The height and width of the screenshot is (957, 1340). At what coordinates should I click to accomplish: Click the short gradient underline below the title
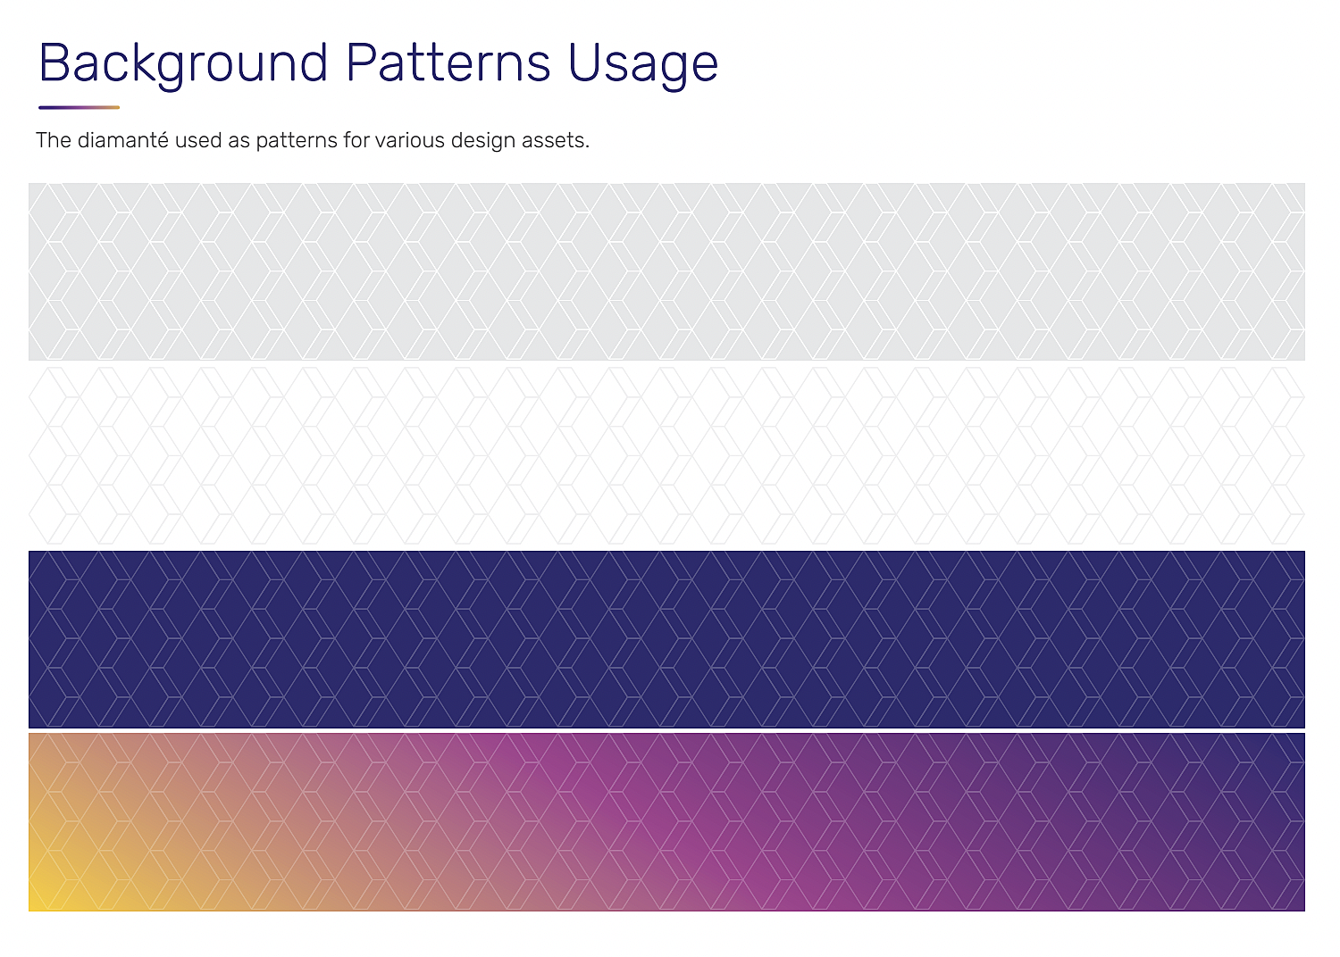[x=79, y=108]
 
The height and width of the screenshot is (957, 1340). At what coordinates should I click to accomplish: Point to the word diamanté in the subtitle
[x=122, y=140]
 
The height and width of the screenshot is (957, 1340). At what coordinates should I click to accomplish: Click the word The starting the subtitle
[x=54, y=140]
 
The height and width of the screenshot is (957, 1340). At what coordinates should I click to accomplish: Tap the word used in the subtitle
[x=198, y=140]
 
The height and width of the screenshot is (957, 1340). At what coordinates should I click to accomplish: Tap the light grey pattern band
[x=666, y=271]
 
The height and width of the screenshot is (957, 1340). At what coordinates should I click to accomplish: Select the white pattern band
[x=666, y=455]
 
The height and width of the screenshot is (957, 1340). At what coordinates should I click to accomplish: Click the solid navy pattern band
[x=666, y=639]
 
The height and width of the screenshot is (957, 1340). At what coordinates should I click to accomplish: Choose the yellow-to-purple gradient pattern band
[x=666, y=822]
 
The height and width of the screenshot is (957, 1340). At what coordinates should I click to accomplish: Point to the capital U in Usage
[x=583, y=62]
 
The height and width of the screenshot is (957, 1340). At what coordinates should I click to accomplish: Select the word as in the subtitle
[x=239, y=142]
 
